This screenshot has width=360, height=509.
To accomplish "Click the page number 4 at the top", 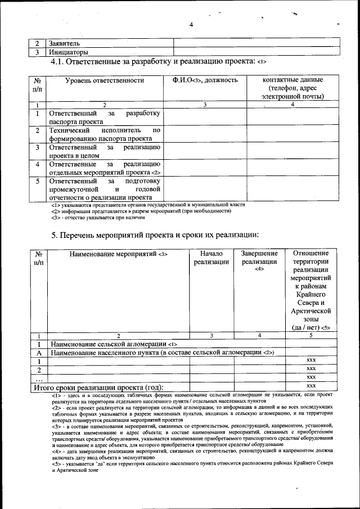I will (191, 24).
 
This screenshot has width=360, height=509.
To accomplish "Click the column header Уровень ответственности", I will (105, 80).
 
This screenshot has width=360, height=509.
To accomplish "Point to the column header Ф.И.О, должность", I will (205, 80).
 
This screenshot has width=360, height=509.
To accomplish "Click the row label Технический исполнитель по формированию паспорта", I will (105, 134).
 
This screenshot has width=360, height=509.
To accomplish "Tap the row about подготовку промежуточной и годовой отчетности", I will (105, 190).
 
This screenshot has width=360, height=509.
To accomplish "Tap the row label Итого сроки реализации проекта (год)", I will (99, 387).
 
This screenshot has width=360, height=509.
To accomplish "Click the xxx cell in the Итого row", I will (311, 386).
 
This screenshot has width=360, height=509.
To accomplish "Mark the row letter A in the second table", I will (39, 353).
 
